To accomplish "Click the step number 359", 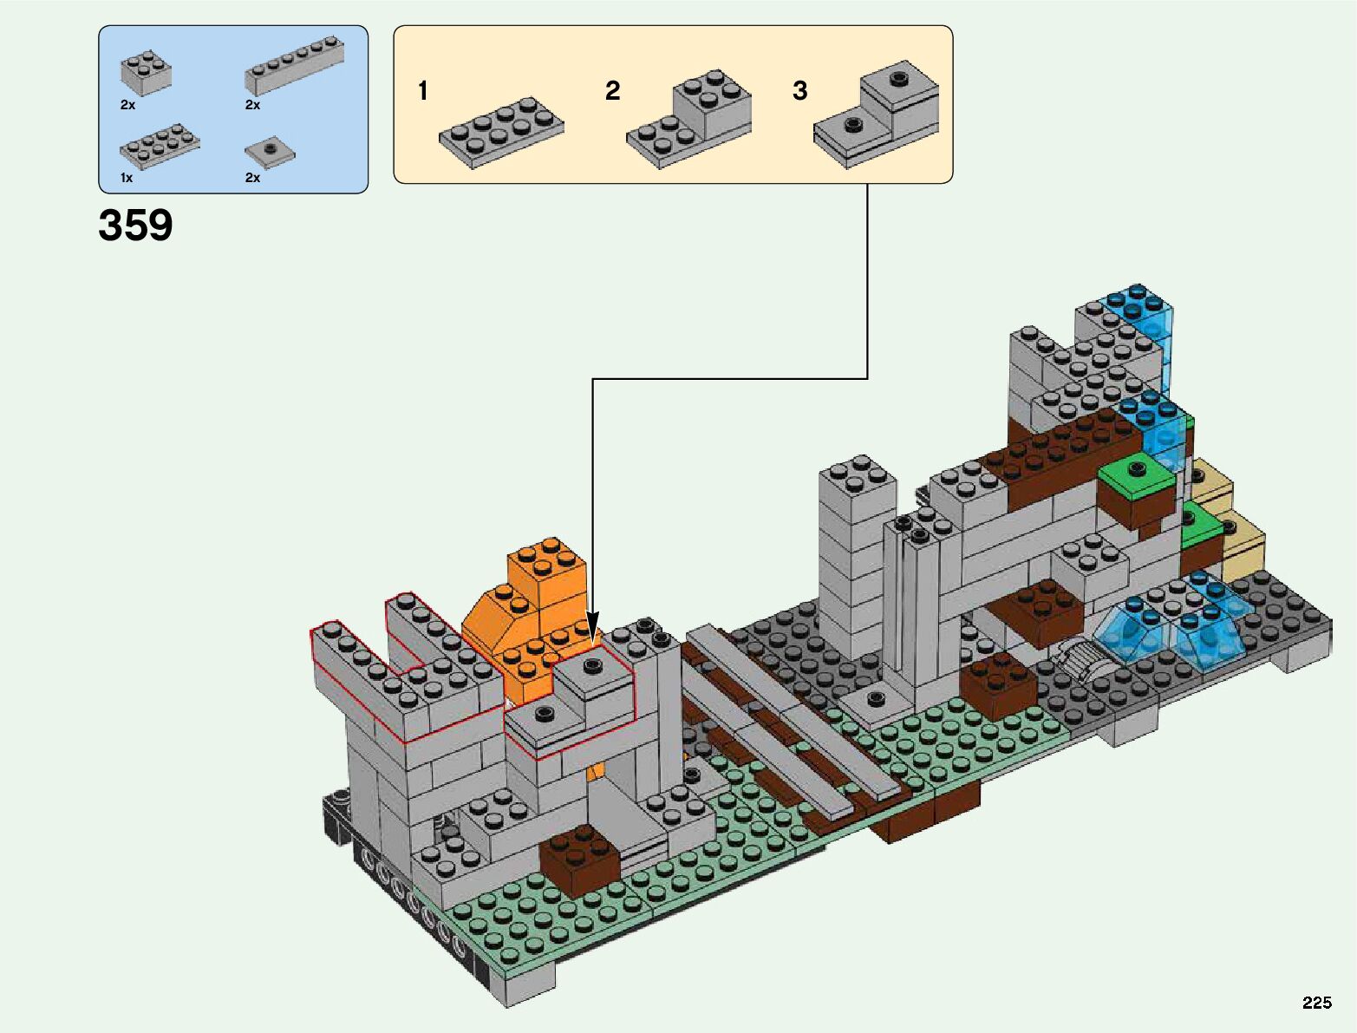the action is (x=135, y=226).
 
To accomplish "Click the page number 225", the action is (x=1316, y=1003).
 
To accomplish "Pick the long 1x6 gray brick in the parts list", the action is (x=294, y=66).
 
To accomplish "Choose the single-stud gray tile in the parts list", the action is (x=270, y=153).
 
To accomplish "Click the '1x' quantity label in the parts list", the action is (x=127, y=178).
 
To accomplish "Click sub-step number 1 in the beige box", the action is (x=422, y=91).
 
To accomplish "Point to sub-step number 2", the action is (x=612, y=91).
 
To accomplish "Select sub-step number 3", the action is (x=799, y=91).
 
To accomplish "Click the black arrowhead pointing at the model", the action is (x=593, y=627).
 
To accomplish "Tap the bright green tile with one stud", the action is (x=1135, y=478).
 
